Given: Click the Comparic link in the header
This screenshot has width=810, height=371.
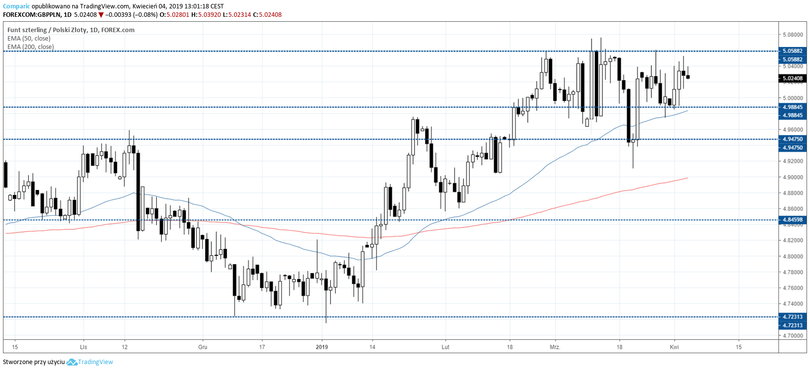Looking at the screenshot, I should click(x=16, y=6).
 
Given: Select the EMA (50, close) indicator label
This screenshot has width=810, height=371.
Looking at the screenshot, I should click(x=29, y=39).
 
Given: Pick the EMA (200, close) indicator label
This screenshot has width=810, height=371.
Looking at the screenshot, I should click(x=31, y=47).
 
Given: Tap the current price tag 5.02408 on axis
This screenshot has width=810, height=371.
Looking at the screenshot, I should click(x=792, y=78).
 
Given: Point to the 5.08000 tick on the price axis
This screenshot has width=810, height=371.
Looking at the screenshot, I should click(x=792, y=35).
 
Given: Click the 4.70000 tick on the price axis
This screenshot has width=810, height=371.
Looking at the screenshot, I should click(x=792, y=335).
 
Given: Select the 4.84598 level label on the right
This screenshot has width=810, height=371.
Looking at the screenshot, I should click(x=792, y=220).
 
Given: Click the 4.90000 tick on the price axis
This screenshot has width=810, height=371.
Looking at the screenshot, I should click(x=792, y=177).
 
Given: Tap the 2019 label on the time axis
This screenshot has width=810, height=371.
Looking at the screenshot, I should click(x=322, y=347).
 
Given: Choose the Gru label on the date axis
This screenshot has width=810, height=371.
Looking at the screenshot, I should click(x=203, y=347).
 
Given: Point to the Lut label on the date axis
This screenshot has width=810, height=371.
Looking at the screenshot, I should click(x=445, y=347).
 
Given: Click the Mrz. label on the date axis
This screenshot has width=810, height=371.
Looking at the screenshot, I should click(x=555, y=347).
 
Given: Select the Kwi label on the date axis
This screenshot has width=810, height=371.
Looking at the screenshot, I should click(x=674, y=347).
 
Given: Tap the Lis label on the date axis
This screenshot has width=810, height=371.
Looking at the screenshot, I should click(x=84, y=347).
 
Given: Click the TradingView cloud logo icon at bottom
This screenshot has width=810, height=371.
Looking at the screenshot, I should click(x=72, y=362).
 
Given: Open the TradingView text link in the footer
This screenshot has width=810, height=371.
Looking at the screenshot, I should click(x=95, y=362).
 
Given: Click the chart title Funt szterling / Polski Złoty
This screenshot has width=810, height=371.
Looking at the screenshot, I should click(x=47, y=30).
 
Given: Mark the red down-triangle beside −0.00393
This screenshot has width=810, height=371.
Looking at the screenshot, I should click(x=101, y=15).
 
